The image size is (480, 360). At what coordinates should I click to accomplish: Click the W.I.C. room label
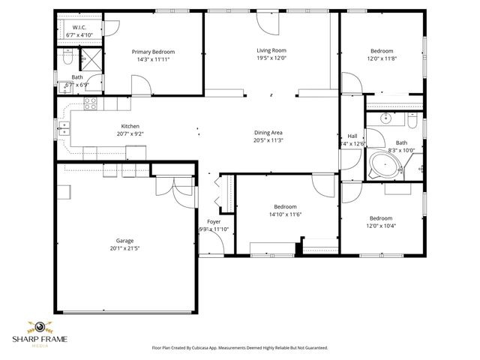tap(79, 28)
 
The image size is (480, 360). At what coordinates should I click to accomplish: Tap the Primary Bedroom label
tap(158, 52)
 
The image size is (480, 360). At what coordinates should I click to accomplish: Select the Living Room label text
tap(271, 50)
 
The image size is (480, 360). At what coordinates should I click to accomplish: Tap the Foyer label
tap(214, 222)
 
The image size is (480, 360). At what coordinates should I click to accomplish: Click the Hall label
tap(352, 136)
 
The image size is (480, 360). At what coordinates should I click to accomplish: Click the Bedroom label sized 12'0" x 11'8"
tap(382, 51)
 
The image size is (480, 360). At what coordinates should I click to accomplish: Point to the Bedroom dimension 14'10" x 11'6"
tap(284, 214)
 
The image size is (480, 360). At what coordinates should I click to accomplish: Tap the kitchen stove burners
tap(91, 103)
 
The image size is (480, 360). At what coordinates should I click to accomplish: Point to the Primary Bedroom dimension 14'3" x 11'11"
tap(158, 58)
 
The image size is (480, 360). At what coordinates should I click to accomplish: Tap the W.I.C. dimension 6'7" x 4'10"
tap(79, 35)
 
